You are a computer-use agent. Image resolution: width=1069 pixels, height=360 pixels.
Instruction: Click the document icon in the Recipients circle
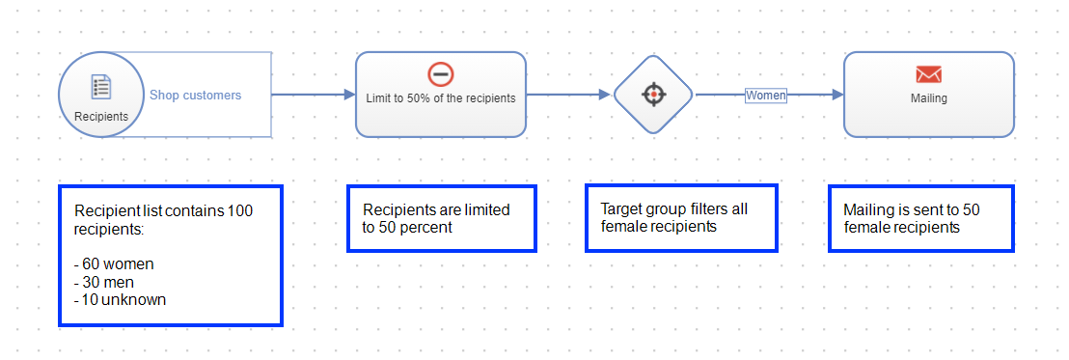[x=101, y=86]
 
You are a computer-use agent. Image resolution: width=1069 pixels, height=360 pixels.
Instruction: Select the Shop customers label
[x=195, y=96]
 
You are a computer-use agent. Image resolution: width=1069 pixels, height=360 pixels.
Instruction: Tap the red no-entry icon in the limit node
[x=440, y=74]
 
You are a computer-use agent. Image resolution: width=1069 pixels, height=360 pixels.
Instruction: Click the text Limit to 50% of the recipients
[x=441, y=97]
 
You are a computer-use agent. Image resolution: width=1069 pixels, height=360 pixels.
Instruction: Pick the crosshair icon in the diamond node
[x=653, y=95]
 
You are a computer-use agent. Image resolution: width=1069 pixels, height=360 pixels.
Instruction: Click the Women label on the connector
[x=766, y=96]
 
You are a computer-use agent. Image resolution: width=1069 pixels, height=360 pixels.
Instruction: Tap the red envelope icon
[x=929, y=74]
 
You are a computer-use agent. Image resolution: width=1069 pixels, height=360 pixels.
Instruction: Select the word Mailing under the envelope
[x=929, y=97]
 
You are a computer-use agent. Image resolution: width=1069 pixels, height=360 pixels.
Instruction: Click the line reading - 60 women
[x=114, y=263]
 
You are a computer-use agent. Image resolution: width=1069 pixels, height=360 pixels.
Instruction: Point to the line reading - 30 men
[x=104, y=282]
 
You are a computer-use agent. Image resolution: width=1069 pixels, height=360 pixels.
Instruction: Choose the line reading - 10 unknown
[x=120, y=299]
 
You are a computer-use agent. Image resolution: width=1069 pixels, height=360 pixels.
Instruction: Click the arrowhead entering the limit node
[x=349, y=95]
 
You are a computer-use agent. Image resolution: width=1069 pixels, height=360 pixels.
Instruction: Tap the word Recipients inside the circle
[x=101, y=116]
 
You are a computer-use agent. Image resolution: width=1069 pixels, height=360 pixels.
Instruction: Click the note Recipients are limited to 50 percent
[x=440, y=218]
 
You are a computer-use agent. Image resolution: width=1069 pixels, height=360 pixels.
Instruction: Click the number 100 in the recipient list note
[x=240, y=210]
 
